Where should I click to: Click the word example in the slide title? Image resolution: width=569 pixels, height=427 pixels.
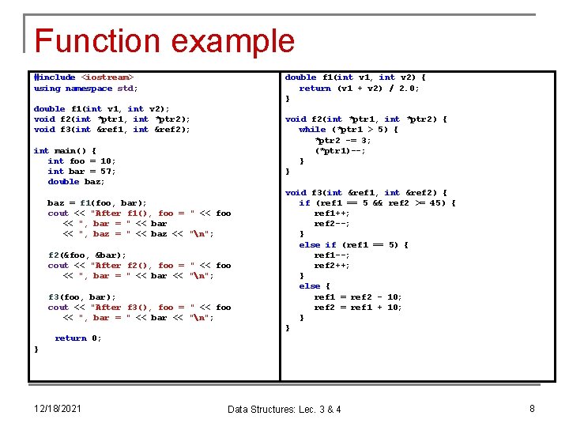pos(235,41)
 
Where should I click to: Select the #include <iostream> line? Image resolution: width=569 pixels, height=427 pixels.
pos(84,77)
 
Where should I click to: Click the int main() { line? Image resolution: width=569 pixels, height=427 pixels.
pos(65,150)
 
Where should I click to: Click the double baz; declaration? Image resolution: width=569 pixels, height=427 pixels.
pos(74,181)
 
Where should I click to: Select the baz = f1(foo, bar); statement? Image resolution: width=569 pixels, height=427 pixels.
pos(97,202)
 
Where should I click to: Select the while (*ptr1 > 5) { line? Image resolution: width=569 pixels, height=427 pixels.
pos(349,130)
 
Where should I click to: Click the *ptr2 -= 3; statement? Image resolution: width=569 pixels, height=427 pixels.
pos(343,140)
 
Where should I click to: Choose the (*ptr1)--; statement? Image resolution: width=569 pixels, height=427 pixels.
pos(340,150)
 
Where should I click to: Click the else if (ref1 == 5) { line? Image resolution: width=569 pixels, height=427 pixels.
pos(353,244)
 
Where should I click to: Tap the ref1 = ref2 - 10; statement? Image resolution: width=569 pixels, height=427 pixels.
pos(358,297)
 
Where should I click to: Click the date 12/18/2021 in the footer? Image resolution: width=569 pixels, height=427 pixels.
pos(58,408)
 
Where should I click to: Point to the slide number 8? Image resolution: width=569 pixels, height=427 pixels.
pos(532,408)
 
